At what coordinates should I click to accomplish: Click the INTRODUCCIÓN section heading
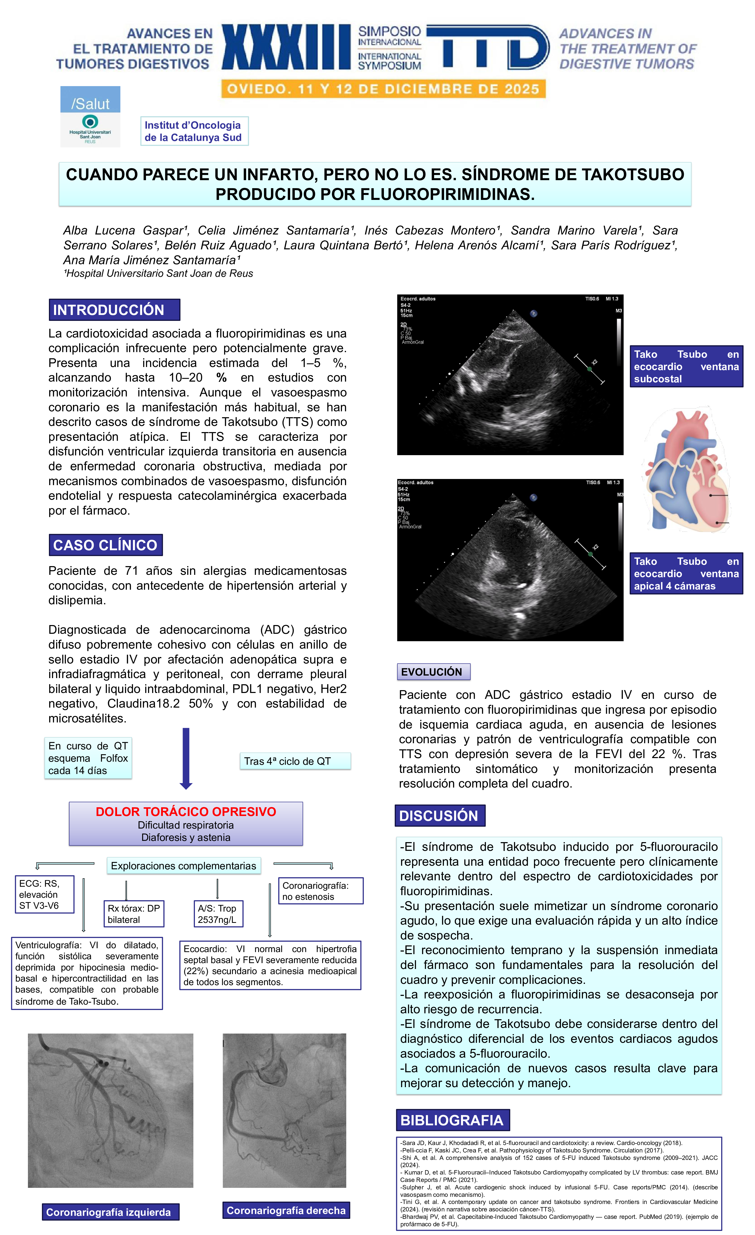coord(114,310)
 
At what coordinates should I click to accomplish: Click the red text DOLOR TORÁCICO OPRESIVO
coord(186,811)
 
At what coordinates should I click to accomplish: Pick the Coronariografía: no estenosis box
coord(320,891)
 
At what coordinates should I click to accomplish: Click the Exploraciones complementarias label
coord(183,866)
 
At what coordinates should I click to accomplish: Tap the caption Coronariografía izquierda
coord(110,1212)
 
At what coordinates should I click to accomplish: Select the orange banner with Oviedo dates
coord(383,89)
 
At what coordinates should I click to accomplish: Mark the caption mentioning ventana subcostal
coord(686,366)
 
